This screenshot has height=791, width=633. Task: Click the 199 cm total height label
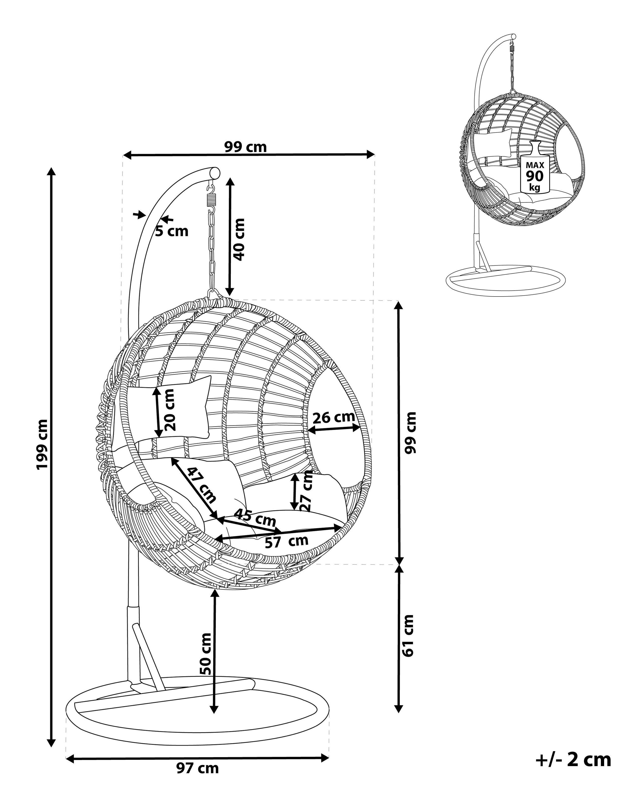click(42, 444)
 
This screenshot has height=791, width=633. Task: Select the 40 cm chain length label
click(239, 239)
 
